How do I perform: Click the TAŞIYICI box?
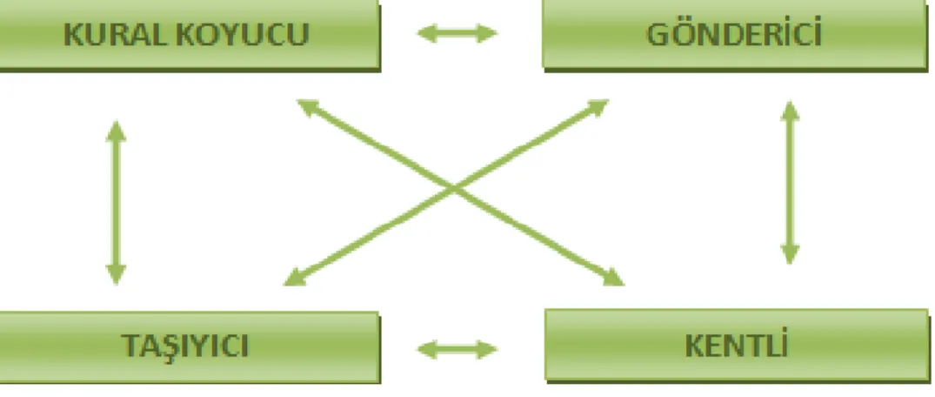[190, 347]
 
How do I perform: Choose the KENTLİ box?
[737, 345]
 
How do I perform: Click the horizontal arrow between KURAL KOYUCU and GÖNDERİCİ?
[457, 33]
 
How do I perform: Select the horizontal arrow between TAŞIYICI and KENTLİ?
[457, 349]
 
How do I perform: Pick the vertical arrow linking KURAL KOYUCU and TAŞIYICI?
[116, 202]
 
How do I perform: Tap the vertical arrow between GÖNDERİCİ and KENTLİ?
[790, 182]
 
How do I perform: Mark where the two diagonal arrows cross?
[454, 191]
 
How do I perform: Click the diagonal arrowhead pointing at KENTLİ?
[611, 277]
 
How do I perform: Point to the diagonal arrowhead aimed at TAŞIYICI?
[296, 277]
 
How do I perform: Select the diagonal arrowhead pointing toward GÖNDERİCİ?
[597, 108]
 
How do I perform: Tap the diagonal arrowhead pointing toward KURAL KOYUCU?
[310, 107]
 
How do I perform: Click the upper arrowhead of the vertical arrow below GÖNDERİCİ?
[790, 111]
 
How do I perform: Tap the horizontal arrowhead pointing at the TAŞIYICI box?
[426, 349]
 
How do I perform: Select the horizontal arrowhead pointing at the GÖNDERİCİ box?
[488, 33]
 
